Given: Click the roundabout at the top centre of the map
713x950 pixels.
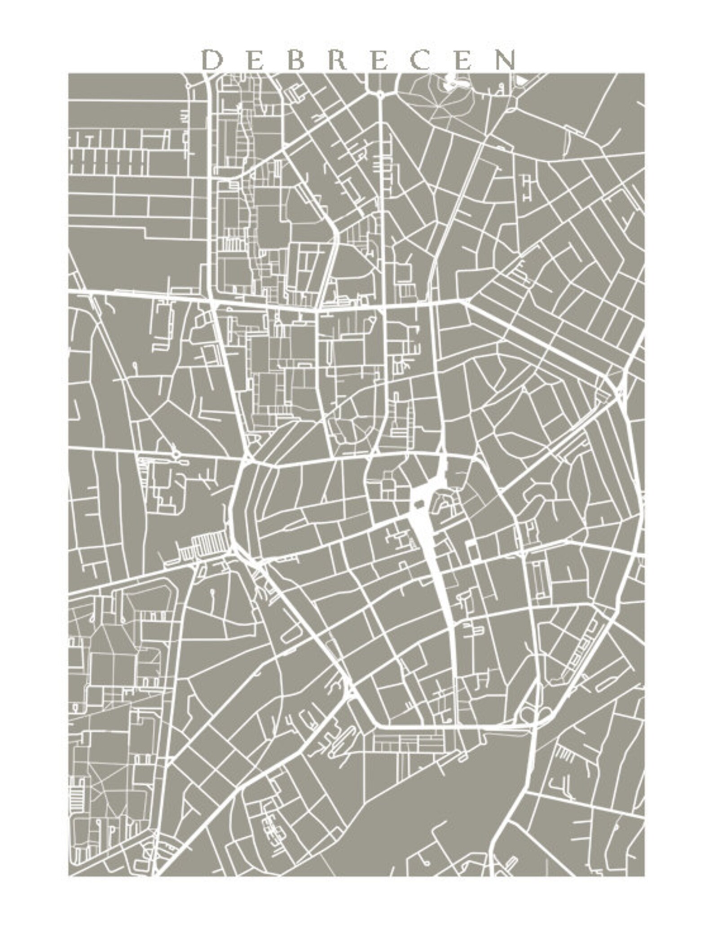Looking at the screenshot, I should [380, 94].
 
